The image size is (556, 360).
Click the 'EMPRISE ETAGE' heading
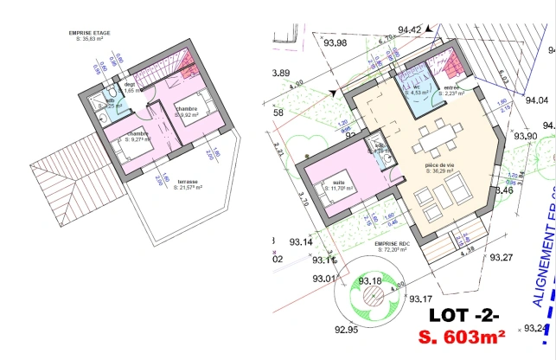tap(91, 33)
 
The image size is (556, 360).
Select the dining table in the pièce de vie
tap(441, 136)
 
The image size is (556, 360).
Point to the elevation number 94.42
tap(410, 29)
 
